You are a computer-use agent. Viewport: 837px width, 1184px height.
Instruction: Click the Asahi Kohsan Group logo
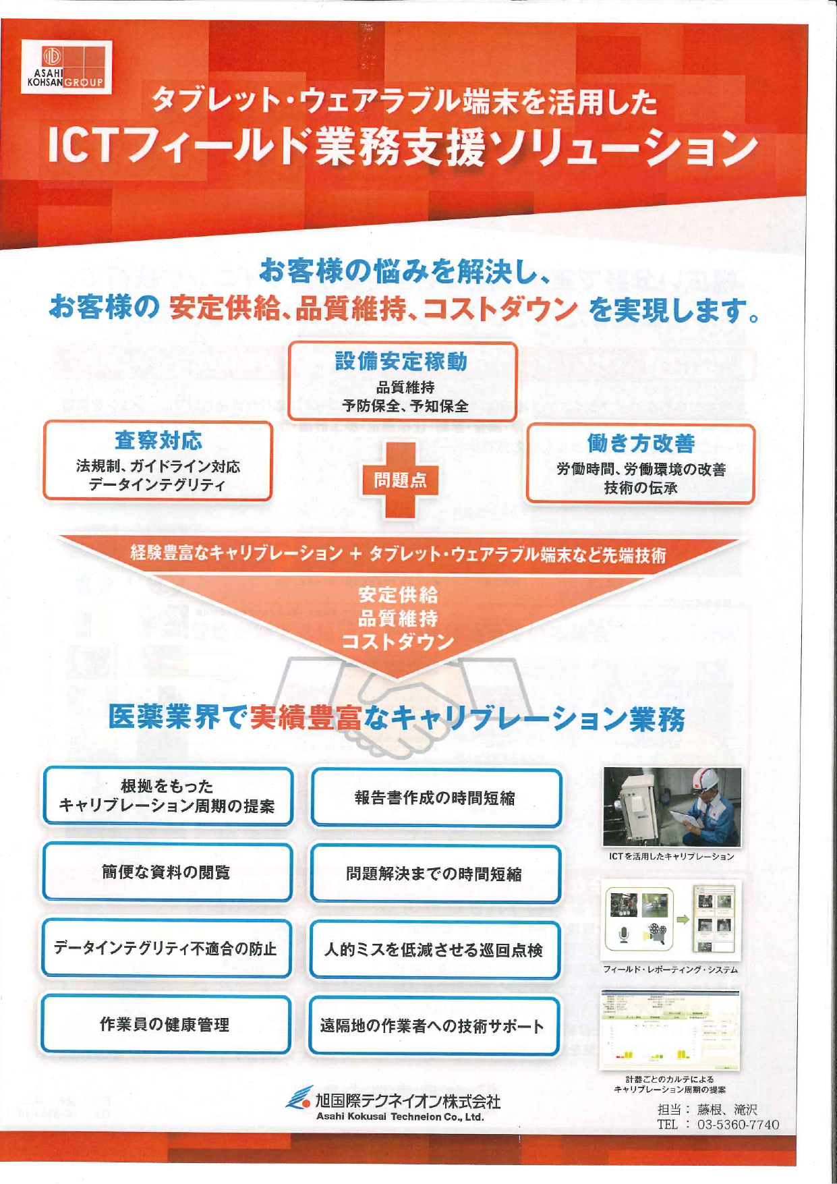coord(66,67)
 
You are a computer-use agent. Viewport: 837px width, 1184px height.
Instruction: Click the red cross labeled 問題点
coord(400,480)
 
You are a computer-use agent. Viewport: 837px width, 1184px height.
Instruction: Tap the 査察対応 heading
coord(158,441)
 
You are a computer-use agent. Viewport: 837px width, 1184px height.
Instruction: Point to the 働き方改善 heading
coord(640,443)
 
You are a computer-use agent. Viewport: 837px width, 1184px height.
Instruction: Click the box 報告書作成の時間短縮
coord(435,798)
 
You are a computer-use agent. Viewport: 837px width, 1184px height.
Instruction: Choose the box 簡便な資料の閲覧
coord(167,872)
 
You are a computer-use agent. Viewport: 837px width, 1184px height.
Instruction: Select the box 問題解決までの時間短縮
coord(434,874)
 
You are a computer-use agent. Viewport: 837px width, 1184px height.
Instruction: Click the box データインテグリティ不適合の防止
coord(166,949)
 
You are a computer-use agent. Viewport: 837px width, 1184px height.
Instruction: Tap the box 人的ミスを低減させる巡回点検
coord(434,951)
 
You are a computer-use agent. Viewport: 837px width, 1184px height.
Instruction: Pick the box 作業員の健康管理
coord(165,1024)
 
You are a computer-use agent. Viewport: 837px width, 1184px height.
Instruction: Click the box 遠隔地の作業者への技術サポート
coord(433,1026)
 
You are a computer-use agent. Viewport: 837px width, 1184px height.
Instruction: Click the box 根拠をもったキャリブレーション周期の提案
coord(167,796)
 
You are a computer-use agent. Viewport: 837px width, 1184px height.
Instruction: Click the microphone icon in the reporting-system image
coord(624,935)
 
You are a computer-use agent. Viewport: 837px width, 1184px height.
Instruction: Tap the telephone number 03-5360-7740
coord(738,1125)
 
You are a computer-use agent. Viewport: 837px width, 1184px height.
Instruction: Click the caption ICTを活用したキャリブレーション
coord(671,856)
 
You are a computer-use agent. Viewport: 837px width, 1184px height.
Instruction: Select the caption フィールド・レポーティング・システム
coord(670,969)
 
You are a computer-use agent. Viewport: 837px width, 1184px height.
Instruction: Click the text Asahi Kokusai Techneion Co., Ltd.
coord(400,1117)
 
